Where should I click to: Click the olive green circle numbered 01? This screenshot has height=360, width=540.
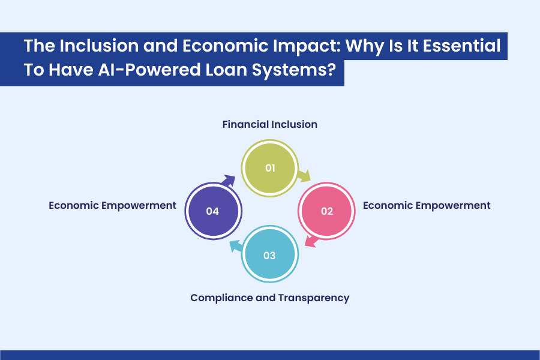269,167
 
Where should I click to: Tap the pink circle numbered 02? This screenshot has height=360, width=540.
327,211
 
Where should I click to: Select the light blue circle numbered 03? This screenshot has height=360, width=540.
269,255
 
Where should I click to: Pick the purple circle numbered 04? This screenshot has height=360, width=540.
212,211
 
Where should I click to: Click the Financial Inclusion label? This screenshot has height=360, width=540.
269,125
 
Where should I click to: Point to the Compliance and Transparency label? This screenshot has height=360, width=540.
269,298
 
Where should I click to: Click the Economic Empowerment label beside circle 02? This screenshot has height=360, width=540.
427,205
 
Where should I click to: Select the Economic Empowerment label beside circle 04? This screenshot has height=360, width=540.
112,205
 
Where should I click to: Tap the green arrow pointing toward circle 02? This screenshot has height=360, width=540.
304,175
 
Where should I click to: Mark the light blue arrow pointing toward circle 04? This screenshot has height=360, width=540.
235,245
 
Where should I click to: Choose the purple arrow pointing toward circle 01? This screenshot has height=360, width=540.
229,179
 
